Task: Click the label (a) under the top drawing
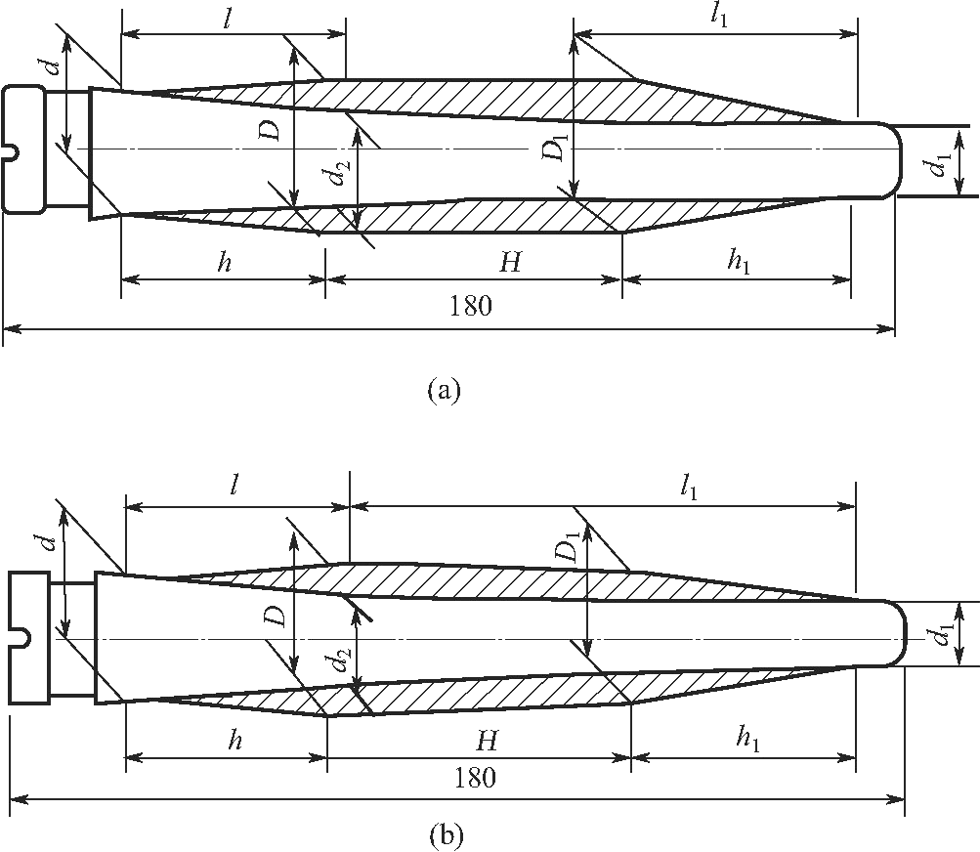tap(443, 391)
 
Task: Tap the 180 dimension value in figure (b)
tap(476, 779)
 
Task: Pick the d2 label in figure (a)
tap(335, 176)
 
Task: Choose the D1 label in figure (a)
tap(554, 150)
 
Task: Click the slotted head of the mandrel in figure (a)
tap(23, 149)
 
